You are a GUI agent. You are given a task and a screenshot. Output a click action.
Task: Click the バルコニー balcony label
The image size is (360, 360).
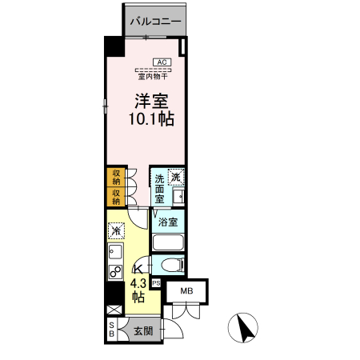155,21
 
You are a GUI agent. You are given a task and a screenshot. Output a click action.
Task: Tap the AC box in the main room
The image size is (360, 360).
162,62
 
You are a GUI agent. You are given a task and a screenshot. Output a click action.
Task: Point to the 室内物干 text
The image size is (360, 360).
153,77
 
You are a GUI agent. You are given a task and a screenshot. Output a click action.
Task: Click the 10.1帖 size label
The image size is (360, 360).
151,118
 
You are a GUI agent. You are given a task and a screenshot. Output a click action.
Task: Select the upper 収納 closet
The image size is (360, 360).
116,178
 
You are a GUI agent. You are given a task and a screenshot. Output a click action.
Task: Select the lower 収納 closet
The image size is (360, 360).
116,197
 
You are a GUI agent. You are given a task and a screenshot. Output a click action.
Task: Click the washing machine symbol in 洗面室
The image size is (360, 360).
176,177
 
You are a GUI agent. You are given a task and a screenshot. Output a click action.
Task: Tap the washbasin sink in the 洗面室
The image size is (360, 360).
178,197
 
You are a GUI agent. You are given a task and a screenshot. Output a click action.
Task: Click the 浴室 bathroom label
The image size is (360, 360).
168,222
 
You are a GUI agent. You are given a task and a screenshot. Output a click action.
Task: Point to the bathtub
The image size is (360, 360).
168,242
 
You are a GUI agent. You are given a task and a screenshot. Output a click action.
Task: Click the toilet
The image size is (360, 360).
173,265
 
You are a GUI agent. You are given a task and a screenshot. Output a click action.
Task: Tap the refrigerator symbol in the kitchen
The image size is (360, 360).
116,230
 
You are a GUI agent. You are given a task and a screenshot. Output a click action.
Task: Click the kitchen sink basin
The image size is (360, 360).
115,252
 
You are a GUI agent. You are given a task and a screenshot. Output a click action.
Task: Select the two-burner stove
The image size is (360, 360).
116,272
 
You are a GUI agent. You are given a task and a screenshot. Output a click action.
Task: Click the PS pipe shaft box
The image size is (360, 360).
156,283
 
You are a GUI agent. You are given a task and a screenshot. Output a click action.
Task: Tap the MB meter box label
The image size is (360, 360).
186,291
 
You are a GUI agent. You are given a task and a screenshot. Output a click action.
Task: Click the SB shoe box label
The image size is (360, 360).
112,330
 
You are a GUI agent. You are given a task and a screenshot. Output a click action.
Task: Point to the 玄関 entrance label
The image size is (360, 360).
143,331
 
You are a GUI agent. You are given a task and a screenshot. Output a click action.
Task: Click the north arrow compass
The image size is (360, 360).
243,328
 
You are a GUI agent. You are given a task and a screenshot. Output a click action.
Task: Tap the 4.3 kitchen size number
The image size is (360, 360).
138,283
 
